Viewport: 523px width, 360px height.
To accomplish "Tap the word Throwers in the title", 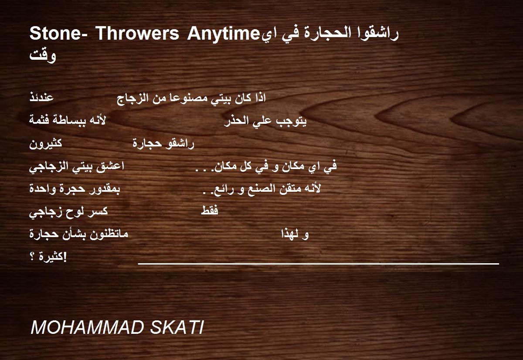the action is (x=137, y=34).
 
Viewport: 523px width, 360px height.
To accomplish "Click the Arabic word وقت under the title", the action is (x=43, y=56).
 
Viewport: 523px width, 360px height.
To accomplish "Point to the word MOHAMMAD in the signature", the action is (x=87, y=328).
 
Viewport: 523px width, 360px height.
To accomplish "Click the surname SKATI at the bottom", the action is (x=177, y=328).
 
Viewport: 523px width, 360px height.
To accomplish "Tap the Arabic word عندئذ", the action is (x=41, y=97).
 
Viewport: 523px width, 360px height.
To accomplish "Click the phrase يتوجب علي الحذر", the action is (x=265, y=121).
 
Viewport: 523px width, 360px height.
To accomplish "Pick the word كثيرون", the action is (x=45, y=143).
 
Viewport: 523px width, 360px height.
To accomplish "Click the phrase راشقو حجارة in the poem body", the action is (x=163, y=143).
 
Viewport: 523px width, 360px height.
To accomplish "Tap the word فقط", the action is (x=210, y=211).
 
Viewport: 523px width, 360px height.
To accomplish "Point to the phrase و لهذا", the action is (x=295, y=234).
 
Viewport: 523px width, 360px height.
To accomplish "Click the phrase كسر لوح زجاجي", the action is (x=68, y=212).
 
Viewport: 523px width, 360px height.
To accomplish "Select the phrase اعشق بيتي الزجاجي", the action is (x=77, y=166).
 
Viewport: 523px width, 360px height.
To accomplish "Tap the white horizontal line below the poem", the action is (x=319, y=264).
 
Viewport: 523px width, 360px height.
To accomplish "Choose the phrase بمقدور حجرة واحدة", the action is (x=75, y=189).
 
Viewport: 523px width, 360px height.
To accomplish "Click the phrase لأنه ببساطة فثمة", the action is (x=68, y=120).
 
